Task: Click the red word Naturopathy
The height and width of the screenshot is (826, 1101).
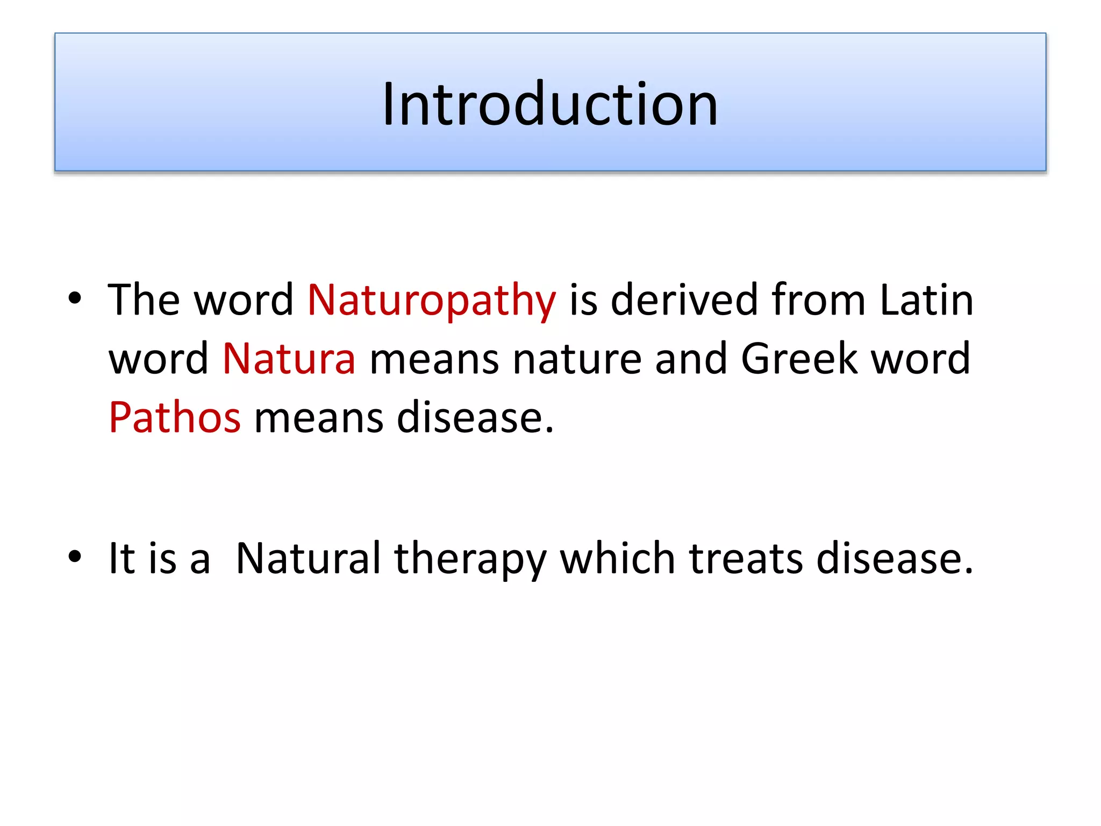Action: pyautogui.click(x=431, y=300)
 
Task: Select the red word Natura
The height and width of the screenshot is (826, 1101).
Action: pyautogui.click(x=289, y=359)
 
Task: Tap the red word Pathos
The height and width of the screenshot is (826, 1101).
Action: pyautogui.click(x=175, y=417)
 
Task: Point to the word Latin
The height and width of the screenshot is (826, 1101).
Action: pyautogui.click(x=926, y=300)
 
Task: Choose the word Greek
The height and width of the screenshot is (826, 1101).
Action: pyautogui.click(x=799, y=359)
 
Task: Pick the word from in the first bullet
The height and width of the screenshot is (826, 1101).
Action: pyautogui.click(x=818, y=300)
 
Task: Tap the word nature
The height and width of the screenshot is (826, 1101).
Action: pyautogui.click(x=577, y=359)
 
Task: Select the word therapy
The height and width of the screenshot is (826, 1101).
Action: pyautogui.click(x=470, y=559)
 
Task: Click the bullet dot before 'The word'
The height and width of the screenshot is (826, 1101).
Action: pyautogui.click(x=75, y=298)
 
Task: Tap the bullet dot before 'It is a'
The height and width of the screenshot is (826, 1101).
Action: pyautogui.click(x=75, y=557)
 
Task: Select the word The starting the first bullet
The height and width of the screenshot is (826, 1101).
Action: pyautogui.click(x=144, y=300)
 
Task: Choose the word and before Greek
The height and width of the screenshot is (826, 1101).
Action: pyautogui.click(x=691, y=359)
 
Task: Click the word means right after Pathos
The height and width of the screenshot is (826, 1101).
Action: pyautogui.click(x=318, y=417)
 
